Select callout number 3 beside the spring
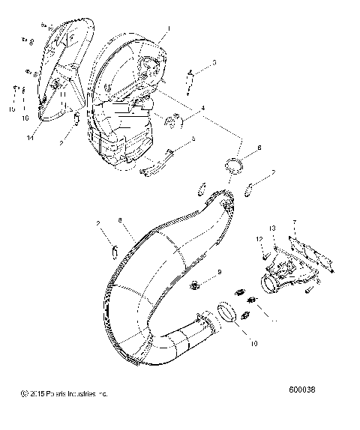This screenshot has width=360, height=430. [214, 62]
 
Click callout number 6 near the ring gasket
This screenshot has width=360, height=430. [259, 148]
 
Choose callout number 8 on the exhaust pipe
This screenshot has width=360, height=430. [119, 220]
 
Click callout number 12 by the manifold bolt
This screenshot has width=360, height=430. [259, 238]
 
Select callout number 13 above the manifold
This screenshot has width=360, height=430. [273, 227]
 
